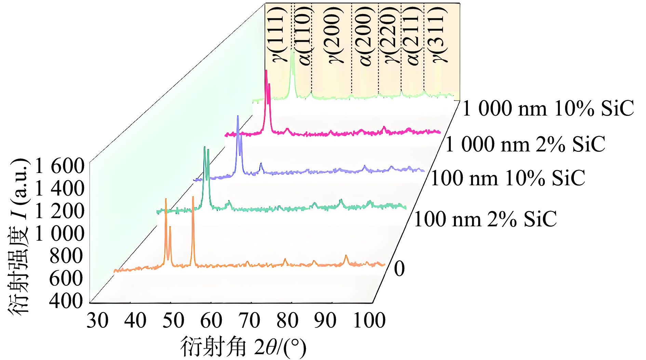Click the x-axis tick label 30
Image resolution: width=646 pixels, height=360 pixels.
(x=97, y=321)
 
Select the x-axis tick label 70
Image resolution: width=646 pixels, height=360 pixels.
(x=249, y=321)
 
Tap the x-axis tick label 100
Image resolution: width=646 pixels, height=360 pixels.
(x=369, y=321)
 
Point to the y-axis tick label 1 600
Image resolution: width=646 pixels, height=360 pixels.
(x=59, y=166)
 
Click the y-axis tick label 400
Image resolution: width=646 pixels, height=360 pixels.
(x=66, y=301)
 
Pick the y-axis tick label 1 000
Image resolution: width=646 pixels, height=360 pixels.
(x=59, y=234)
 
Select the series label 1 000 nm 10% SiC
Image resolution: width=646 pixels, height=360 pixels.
(x=548, y=108)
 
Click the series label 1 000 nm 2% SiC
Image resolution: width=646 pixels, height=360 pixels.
(x=525, y=144)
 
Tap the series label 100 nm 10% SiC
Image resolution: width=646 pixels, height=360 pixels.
(x=508, y=178)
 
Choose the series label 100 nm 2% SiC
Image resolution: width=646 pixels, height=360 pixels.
(x=485, y=219)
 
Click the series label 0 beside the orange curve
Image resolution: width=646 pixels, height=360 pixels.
(x=399, y=269)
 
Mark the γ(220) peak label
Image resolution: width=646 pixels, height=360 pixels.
(x=391, y=34)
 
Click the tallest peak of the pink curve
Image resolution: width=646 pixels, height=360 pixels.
(x=266, y=71)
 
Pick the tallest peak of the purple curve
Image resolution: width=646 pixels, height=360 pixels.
(x=238, y=117)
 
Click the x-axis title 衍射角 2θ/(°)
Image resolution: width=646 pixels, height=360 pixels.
(x=243, y=347)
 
